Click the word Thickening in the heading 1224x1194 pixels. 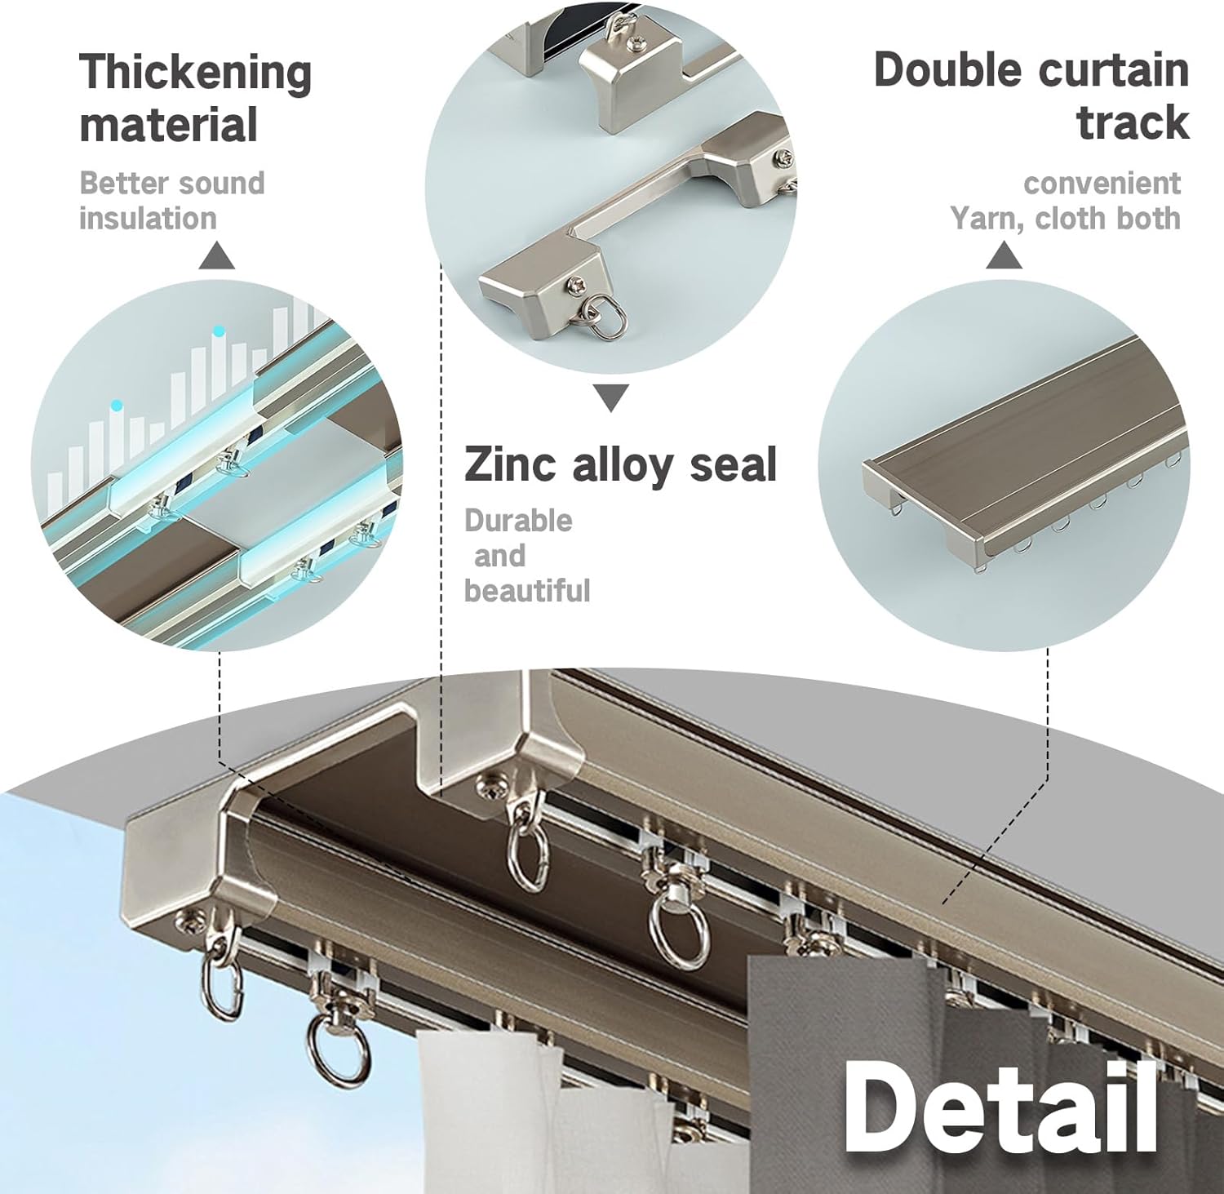(x=195, y=73)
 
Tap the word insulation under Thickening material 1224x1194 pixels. (x=148, y=219)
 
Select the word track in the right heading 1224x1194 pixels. (x=1133, y=123)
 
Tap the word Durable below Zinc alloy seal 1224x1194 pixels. (x=518, y=521)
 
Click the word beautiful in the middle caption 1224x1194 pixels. (x=527, y=590)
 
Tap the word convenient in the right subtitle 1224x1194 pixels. (x=1102, y=184)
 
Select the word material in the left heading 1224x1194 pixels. (x=168, y=126)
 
